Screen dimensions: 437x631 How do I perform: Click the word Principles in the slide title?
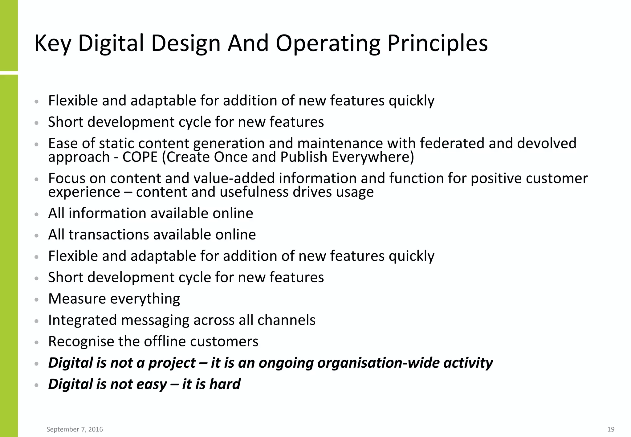pyautogui.click(x=438, y=43)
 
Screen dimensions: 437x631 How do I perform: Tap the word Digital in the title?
pyautogui.click(x=111, y=43)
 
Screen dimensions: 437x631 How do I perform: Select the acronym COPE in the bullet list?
pyautogui.click(x=140, y=157)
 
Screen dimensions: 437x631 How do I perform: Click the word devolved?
pyautogui.click(x=547, y=143)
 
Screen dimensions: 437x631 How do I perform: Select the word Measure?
pyautogui.click(x=77, y=299)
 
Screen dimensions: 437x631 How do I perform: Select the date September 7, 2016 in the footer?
pyautogui.click(x=75, y=429)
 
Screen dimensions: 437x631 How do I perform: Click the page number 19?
pyautogui.click(x=611, y=429)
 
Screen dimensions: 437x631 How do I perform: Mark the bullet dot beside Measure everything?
pyautogui.click(x=37, y=300)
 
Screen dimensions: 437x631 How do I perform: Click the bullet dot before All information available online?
pyautogui.click(x=37, y=214)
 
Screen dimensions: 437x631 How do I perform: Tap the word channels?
pyautogui.click(x=286, y=320)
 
